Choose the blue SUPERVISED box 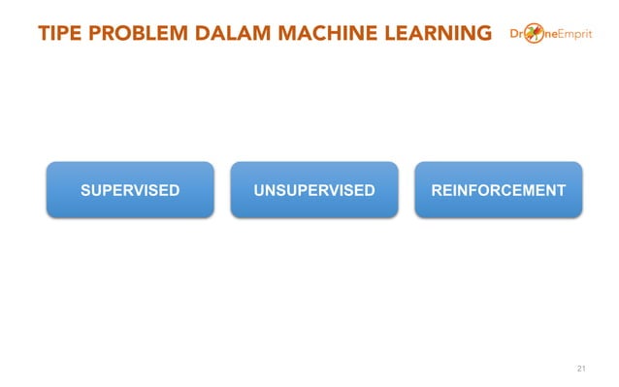(130, 189)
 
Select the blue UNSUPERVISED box (313, 189)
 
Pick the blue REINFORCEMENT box (498, 189)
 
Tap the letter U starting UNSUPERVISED (259, 189)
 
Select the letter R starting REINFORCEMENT (437, 189)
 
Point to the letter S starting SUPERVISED (85, 189)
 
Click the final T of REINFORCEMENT (561, 189)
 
